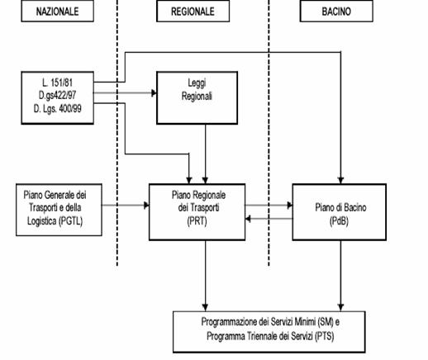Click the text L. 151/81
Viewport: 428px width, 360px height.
[x=57, y=83]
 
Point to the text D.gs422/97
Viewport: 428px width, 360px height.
[x=57, y=95]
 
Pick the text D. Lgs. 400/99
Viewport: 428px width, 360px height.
[x=57, y=108]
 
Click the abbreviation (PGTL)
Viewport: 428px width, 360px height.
[x=70, y=220]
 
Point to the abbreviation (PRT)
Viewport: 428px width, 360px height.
[x=197, y=221]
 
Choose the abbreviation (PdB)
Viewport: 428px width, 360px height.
[x=339, y=221]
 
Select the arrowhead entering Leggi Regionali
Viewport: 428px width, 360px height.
[x=155, y=93]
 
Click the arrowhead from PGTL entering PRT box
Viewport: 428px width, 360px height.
[x=147, y=205]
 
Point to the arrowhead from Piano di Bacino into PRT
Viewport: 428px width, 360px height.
[x=248, y=219]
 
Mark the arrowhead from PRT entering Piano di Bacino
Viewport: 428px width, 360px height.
[x=290, y=205]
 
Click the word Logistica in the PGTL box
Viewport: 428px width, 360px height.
[x=41, y=220]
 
